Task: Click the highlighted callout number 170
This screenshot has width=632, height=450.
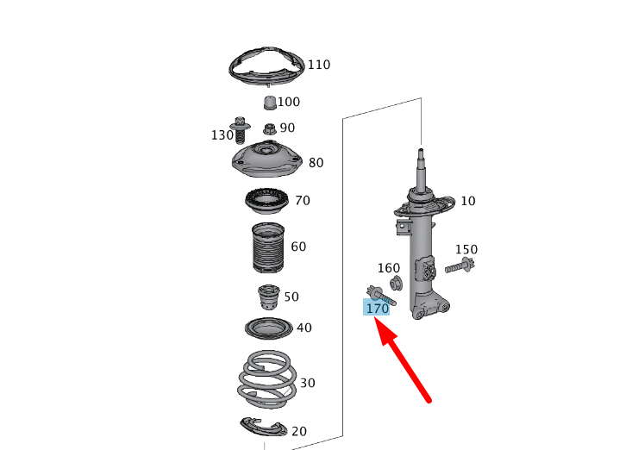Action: tap(377, 308)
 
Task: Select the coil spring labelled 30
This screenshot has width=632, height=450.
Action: tap(266, 380)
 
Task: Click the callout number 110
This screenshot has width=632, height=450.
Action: tap(319, 65)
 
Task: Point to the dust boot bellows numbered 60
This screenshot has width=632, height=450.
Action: tap(266, 249)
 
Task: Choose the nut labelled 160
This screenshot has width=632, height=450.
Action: tap(396, 284)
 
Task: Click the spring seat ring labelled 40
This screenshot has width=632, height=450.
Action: tap(267, 329)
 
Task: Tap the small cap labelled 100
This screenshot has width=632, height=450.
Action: tap(268, 104)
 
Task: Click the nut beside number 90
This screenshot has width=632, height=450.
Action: tap(268, 129)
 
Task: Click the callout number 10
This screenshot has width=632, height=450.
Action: tap(468, 201)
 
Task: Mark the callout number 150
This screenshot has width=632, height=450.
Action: tap(466, 250)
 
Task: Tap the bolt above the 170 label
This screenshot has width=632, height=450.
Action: tap(379, 295)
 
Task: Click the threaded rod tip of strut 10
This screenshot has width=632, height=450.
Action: tap(422, 155)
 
